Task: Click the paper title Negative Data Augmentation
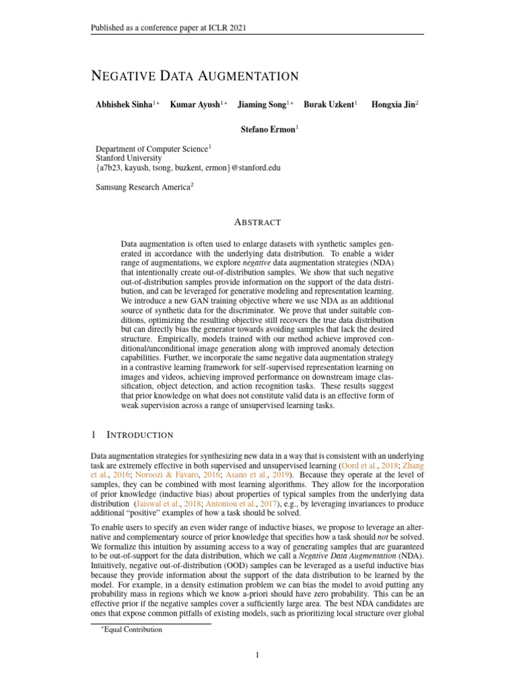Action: [194, 76]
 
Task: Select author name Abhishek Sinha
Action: [125, 105]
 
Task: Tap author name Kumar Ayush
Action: [196, 105]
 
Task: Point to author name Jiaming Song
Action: [264, 105]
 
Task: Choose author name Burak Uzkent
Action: [329, 105]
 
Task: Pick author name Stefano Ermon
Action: [268, 129]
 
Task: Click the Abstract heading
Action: [257, 222]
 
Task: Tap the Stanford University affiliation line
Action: [129, 159]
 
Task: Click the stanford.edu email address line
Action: [188, 168]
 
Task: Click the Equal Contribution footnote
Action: [131, 630]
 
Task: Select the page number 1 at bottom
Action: [257, 655]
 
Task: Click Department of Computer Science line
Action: [153, 149]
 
